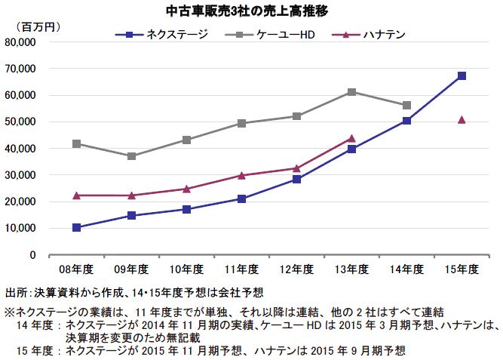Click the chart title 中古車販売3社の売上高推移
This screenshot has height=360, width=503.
pos(252,11)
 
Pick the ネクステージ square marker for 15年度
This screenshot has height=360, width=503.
pos(462,75)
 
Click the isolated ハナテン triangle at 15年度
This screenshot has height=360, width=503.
pos(462,119)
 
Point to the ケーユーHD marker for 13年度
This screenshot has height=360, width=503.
pos(351,92)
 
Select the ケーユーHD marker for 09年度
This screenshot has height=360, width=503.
pos(131,156)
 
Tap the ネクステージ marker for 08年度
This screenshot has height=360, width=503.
pos(76,227)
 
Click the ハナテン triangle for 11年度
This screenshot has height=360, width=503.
pos(241,175)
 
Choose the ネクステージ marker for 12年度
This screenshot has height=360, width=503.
pos(296,179)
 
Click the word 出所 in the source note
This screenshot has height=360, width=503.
pos(14,292)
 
